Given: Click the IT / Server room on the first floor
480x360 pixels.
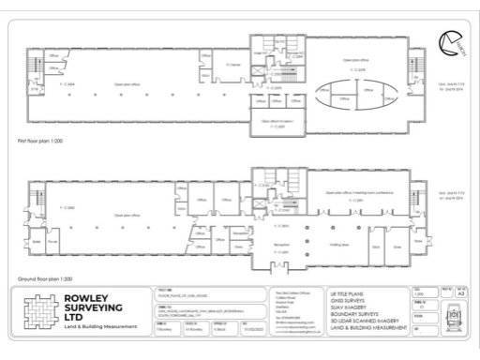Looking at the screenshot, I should click(x=234, y=65).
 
